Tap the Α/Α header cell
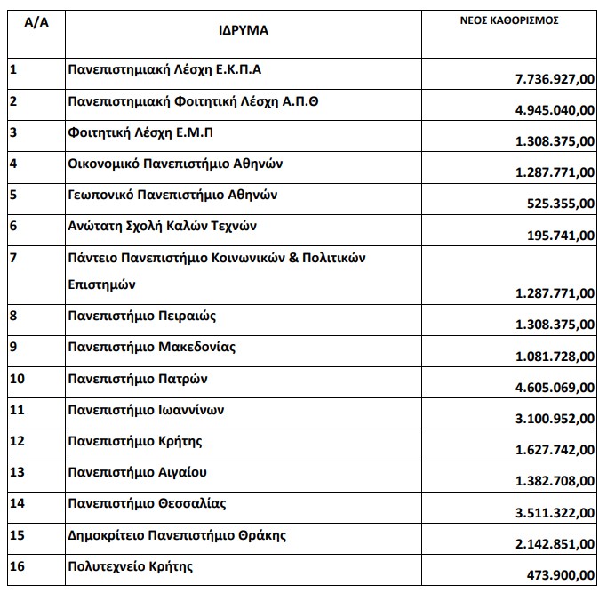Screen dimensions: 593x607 (x=36, y=21)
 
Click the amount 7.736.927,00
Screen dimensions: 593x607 (x=555, y=80)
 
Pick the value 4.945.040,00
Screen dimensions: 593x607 (x=555, y=111)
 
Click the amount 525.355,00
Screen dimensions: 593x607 (x=562, y=203)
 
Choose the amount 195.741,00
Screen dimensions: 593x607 (x=562, y=235)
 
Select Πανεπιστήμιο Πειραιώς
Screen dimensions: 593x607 (x=142, y=315)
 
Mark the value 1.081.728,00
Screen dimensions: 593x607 (x=555, y=357)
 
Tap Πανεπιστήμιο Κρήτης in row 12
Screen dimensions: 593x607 (x=135, y=441)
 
